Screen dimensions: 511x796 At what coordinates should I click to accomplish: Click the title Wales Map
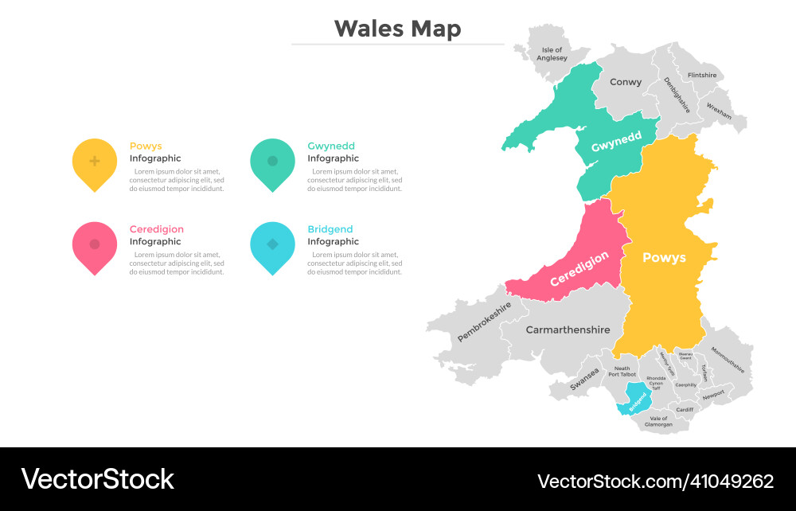(x=397, y=29)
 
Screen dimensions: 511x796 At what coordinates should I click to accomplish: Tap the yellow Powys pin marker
(x=95, y=162)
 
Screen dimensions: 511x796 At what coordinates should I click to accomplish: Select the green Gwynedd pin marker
(x=272, y=162)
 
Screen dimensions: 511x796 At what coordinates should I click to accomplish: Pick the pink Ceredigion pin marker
(x=95, y=245)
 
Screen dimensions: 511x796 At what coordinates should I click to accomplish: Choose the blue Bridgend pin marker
(x=272, y=245)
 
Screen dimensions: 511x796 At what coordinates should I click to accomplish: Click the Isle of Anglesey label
(x=552, y=54)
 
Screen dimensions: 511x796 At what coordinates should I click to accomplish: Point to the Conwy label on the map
(x=626, y=82)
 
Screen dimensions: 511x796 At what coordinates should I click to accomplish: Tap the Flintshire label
(x=701, y=76)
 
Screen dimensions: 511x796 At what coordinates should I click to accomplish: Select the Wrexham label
(x=719, y=111)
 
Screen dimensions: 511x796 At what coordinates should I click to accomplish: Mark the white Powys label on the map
(x=664, y=258)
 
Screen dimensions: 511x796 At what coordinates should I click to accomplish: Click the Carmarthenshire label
(x=568, y=330)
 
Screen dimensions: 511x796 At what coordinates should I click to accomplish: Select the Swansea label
(x=584, y=378)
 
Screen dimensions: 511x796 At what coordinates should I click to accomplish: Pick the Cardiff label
(x=685, y=410)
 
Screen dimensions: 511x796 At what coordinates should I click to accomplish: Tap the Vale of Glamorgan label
(x=659, y=422)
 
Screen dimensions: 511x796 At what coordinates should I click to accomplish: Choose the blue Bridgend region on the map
(x=636, y=396)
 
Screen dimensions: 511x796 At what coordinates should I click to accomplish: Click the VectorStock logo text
(x=97, y=479)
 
